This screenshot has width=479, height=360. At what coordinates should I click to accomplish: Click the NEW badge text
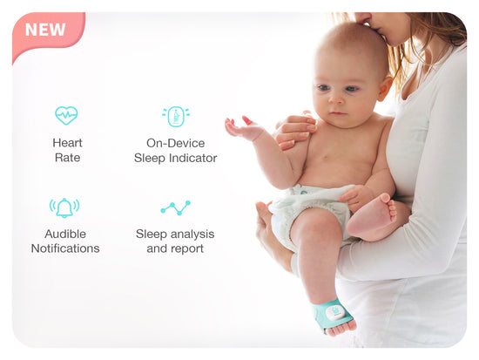[x=45, y=30]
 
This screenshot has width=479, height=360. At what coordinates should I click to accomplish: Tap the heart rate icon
[x=66, y=115]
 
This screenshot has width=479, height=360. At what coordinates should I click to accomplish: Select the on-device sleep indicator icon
[x=176, y=116]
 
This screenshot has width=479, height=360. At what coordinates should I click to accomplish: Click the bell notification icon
[x=64, y=208]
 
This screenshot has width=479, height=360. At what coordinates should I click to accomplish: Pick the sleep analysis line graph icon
[x=176, y=207]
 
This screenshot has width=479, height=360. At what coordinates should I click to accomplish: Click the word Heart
[x=67, y=143]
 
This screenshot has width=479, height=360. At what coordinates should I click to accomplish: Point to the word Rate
[x=67, y=158]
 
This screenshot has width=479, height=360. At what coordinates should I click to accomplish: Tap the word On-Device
[x=175, y=143]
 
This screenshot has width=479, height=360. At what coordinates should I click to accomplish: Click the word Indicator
[x=192, y=158]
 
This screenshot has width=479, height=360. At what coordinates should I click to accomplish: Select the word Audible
[x=65, y=234]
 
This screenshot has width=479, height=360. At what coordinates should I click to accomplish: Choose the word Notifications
[x=65, y=248]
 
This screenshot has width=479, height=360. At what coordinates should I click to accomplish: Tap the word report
[x=187, y=249]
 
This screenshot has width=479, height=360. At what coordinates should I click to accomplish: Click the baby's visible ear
[x=385, y=88]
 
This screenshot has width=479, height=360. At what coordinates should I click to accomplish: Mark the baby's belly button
[x=326, y=158]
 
